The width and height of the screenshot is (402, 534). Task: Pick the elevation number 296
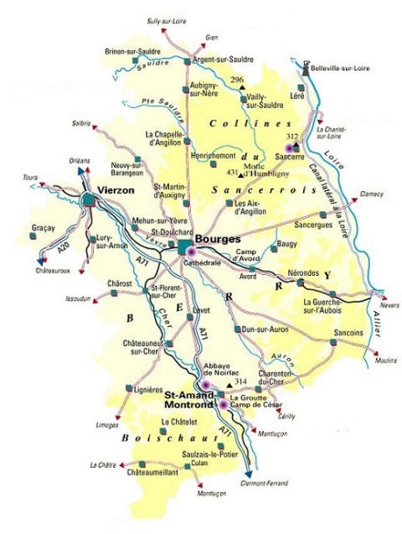point(237,80)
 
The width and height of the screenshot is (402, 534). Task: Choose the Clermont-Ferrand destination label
point(265,483)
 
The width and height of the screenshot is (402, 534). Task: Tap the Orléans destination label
point(80,158)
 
